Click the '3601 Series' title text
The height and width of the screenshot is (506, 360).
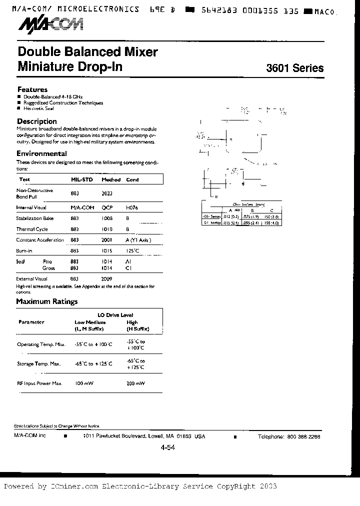pos(294,68)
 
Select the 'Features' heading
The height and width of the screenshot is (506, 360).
pos(32,89)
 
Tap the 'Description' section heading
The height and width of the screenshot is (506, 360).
pos(37,121)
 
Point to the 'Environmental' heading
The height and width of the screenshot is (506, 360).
pos(41,154)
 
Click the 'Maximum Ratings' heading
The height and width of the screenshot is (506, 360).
pos(47,301)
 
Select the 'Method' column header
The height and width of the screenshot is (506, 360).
pos(111,179)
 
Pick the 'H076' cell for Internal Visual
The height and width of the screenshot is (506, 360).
pos(131,207)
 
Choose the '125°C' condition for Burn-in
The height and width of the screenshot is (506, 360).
pos(132,250)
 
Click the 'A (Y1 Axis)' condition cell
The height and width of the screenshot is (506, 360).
pos(138,240)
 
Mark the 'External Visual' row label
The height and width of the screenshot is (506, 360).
pos(32,278)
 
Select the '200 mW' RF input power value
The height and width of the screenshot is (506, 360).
pos(136,383)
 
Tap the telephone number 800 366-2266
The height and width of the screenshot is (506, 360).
pos(303,436)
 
